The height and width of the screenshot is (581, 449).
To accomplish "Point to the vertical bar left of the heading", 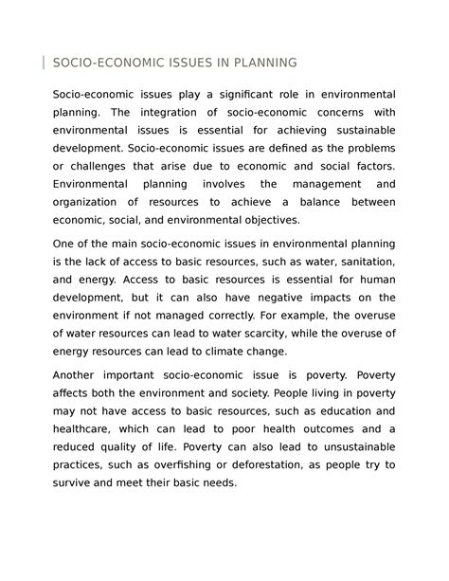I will pos(44,63).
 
